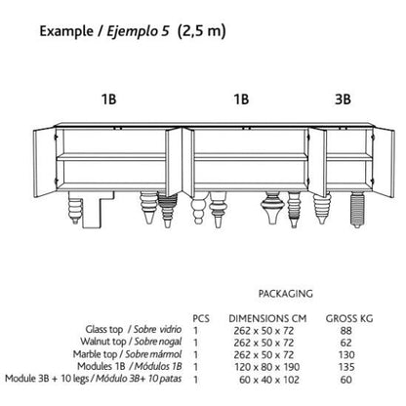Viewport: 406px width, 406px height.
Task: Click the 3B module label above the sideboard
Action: pyautogui.click(x=343, y=99)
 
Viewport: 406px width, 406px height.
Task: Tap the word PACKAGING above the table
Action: pyautogui.click(x=285, y=294)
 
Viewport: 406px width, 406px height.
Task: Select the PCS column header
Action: pyautogui.click(x=201, y=318)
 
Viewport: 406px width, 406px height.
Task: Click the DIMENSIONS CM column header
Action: pyautogui.click(x=267, y=318)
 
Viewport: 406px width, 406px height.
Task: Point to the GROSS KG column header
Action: pyautogui.click(x=349, y=318)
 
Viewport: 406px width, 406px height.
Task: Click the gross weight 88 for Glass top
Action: pyautogui.click(x=345, y=331)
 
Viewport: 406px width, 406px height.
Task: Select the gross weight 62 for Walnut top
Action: pyautogui.click(x=345, y=343)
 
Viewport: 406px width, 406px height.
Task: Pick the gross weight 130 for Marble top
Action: pyautogui.click(x=346, y=355)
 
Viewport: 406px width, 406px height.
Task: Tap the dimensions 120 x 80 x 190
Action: pyautogui.click(x=267, y=367)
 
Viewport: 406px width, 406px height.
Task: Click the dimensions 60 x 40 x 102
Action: pyautogui.click(x=269, y=380)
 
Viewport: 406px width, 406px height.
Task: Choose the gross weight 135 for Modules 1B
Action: pyautogui.click(x=346, y=367)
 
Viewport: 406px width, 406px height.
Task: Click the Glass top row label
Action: pyautogui.click(x=134, y=329)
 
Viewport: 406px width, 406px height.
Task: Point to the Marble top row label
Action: pyautogui.click(x=127, y=354)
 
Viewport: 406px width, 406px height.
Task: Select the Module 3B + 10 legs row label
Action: pyautogui.click(x=94, y=379)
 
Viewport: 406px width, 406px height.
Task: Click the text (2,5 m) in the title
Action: pyautogui.click(x=202, y=31)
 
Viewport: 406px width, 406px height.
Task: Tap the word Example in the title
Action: pyautogui.click(x=66, y=31)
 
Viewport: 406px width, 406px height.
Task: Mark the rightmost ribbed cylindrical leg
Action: pyautogui.click(x=357, y=210)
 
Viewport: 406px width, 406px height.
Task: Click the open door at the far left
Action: pyautogui.click(x=46, y=162)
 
